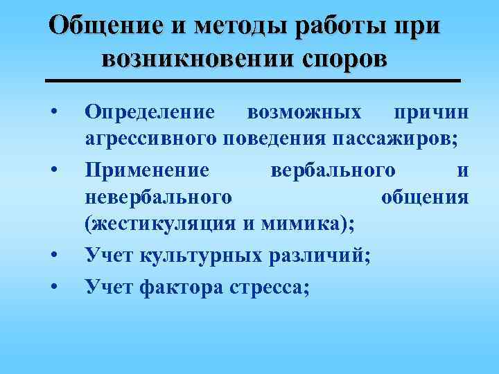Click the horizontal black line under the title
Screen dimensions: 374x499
pos(252,81)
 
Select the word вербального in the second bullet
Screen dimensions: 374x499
pos(332,169)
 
